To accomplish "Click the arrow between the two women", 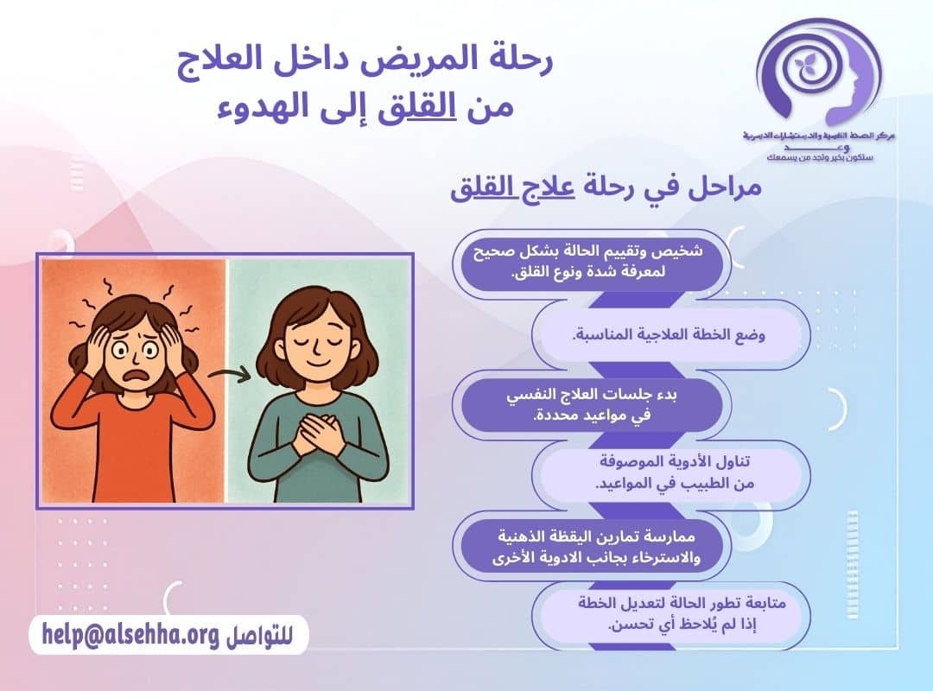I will pyautogui.click(x=229, y=373).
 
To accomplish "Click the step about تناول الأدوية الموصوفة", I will pyautogui.click(x=675, y=473).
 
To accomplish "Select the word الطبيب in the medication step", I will pyautogui.click(x=706, y=483).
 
